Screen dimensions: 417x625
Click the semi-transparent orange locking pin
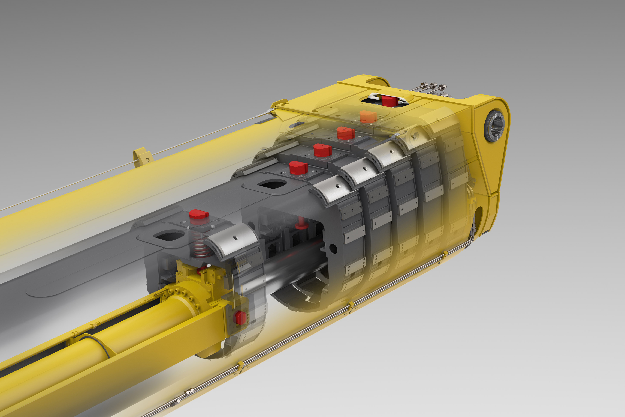point(368,117)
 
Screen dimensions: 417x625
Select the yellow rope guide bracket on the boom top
point(143,157)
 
